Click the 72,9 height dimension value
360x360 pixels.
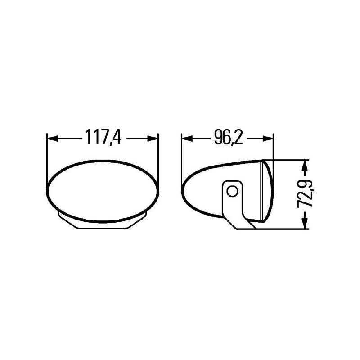pyautogui.click(x=306, y=193)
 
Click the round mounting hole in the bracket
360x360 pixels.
pyautogui.click(x=232, y=191)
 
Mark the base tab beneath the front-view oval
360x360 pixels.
pyautogui.click(x=103, y=223)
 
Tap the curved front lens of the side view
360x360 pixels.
pyautogui.click(x=267, y=191)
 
